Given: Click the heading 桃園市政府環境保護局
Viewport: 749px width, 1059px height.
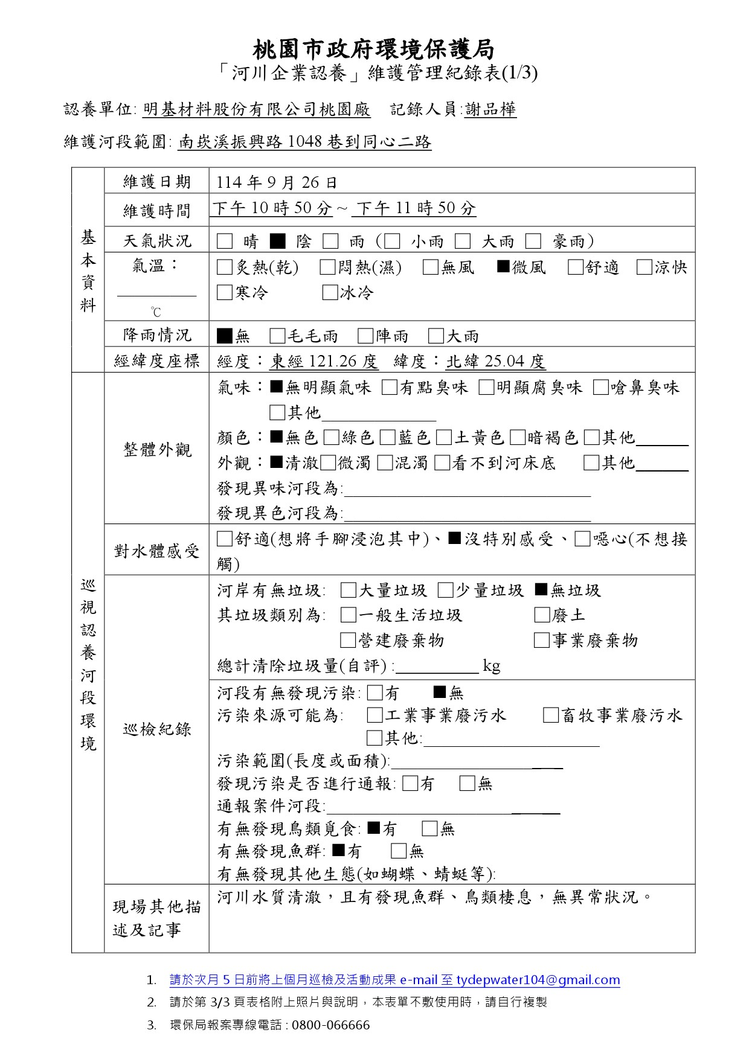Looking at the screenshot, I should pos(374,49).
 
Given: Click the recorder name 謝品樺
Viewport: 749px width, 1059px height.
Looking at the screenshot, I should pos(490,109).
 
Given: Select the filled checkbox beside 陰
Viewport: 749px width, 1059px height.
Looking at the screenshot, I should pos(277,242).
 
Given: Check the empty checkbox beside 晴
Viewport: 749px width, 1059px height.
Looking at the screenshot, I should pos(225,242).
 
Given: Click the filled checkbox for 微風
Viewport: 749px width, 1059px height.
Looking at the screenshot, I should pos(504,266).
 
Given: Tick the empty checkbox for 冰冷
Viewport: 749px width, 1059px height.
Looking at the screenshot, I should pos(330,293).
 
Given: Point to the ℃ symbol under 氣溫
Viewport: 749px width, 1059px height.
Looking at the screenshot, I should pos(156,312).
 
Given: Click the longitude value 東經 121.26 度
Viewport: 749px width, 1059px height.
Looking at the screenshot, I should pos(324,361).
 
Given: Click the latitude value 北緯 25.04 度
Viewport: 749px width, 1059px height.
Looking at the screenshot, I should pos(495,361).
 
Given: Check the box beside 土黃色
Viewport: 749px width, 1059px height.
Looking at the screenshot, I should pos(444,437).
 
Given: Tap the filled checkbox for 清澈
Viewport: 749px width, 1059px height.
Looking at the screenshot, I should pos(277,462).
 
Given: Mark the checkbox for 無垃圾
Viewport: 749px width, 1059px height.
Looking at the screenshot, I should pos(541,589).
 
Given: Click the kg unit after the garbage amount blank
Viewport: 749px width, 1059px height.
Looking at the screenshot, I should pos(491,666).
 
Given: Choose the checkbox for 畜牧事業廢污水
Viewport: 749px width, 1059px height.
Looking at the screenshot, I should pos(550,715).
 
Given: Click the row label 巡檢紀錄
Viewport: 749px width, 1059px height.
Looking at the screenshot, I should pos(157,729).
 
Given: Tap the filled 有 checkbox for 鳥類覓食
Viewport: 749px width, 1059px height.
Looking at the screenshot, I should pos(374,828).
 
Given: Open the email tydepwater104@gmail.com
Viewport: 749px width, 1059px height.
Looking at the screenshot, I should pos(538,979).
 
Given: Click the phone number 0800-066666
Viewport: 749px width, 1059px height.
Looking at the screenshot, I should pos(330,1025).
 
